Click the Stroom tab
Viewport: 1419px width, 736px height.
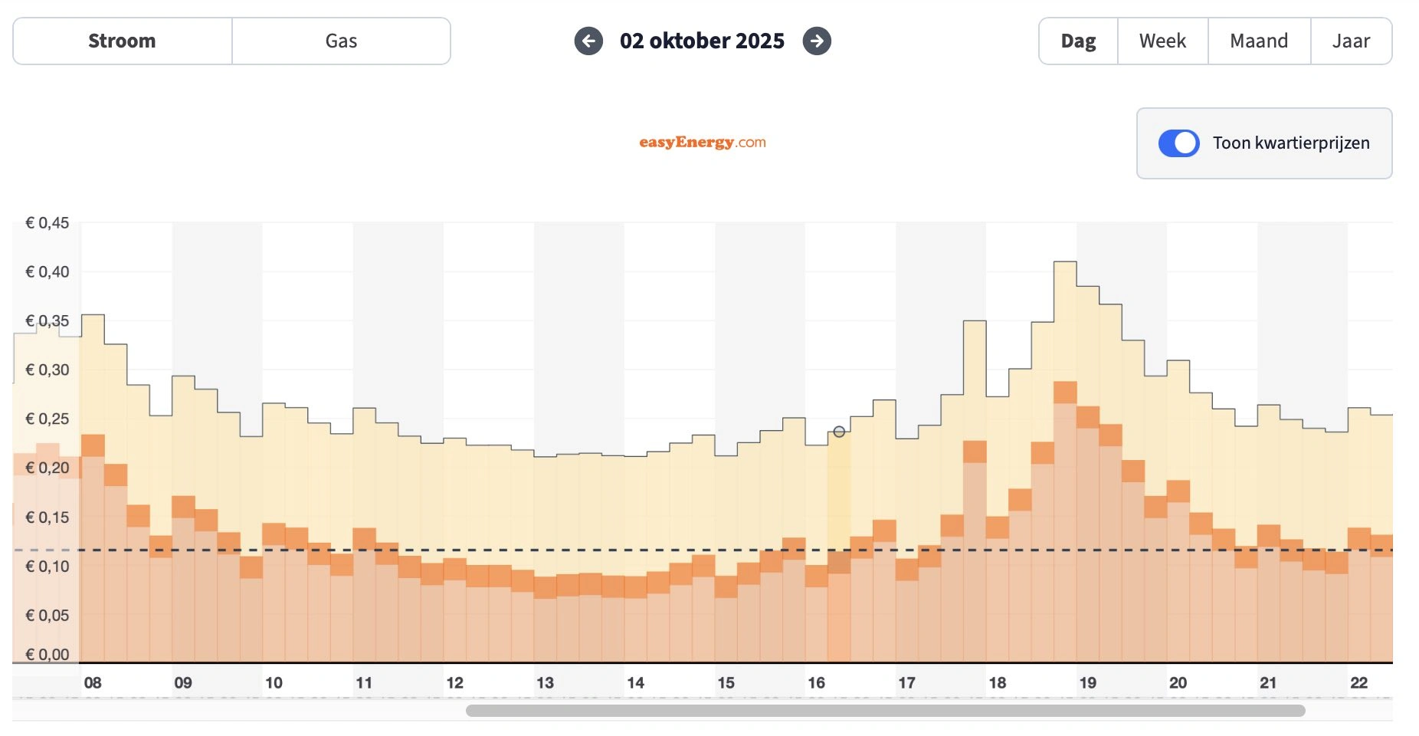pos(122,41)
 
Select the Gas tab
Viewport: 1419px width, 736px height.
pos(341,41)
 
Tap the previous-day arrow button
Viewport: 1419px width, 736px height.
pos(588,41)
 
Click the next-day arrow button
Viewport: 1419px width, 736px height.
pos(817,41)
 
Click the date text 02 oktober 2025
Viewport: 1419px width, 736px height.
pos(702,41)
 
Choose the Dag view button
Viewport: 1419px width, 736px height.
pos(1078,41)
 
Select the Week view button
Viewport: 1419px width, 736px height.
pos(1162,41)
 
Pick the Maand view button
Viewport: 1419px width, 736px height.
pos(1259,41)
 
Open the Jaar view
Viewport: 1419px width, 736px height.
pos(1351,41)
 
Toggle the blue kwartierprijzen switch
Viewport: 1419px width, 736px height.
pos(1178,143)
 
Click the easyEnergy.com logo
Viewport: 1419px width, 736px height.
pos(702,142)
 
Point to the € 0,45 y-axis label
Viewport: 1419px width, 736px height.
pos(48,223)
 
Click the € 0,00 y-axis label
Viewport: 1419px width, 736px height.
pos(48,655)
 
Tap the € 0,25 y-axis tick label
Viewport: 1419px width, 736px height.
pos(48,419)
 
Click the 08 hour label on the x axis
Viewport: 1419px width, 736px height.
pos(93,682)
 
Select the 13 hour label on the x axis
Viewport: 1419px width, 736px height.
pos(545,682)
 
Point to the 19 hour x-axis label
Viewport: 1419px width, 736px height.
pos(1087,682)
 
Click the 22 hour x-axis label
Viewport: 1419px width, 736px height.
pos(1358,682)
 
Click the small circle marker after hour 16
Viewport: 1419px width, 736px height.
pos(839,432)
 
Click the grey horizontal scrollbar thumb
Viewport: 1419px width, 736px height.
pos(885,711)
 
